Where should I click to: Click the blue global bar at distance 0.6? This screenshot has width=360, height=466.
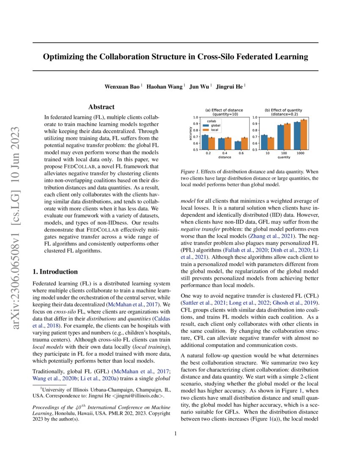[x=238, y=145]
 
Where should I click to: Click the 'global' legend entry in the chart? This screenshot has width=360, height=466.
[x=215, y=125]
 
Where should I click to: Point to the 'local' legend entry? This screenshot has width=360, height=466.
[x=214, y=129]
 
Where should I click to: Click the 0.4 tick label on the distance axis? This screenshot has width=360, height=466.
[x=225, y=153]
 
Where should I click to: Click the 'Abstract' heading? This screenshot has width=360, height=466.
[x=101, y=107]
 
